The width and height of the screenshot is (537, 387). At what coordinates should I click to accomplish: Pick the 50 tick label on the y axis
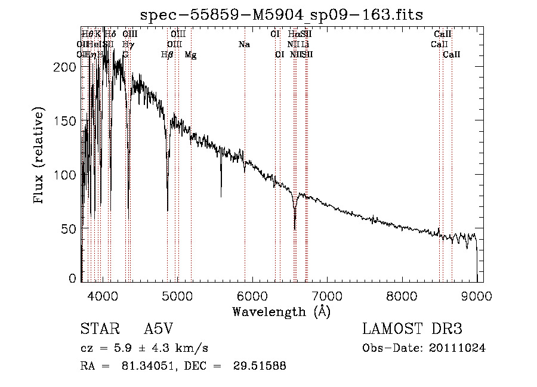tap(70, 229)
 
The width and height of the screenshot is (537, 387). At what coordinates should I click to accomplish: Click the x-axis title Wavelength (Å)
tap(281, 311)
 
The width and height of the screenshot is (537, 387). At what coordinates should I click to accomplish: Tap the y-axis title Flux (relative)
tap(40, 157)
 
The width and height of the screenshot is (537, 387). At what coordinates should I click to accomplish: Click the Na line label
tap(243, 45)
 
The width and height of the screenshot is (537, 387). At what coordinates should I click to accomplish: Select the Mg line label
tap(190, 55)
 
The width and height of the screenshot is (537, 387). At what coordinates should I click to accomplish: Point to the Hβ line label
tap(167, 55)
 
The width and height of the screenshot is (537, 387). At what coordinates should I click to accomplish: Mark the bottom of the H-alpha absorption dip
tap(295, 228)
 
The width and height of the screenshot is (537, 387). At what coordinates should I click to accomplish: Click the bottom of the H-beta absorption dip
tap(168, 209)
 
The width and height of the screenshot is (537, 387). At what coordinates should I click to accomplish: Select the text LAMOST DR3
tap(412, 330)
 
